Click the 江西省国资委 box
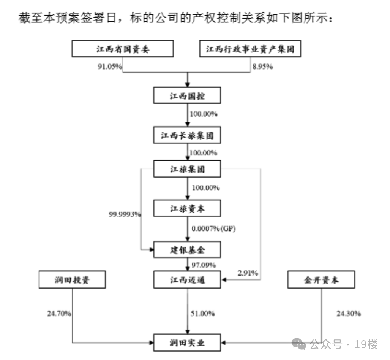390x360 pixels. click(122, 49)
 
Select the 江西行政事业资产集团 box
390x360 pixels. click(250, 49)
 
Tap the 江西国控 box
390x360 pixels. click(187, 95)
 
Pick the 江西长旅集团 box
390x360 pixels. click(187, 135)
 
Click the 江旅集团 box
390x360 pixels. click(187, 169)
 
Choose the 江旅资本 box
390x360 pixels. click(187, 208)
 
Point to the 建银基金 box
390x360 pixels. click(187, 249)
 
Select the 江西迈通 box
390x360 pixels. click(187, 281)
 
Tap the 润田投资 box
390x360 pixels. click(72, 280)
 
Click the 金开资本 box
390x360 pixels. click(321, 280)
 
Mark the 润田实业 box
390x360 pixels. click(187, 342)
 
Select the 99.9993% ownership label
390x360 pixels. click(125, 214)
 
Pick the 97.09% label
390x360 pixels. click(204, 265)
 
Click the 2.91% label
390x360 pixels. click(248, 273)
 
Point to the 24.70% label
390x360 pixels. click(59, 314)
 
